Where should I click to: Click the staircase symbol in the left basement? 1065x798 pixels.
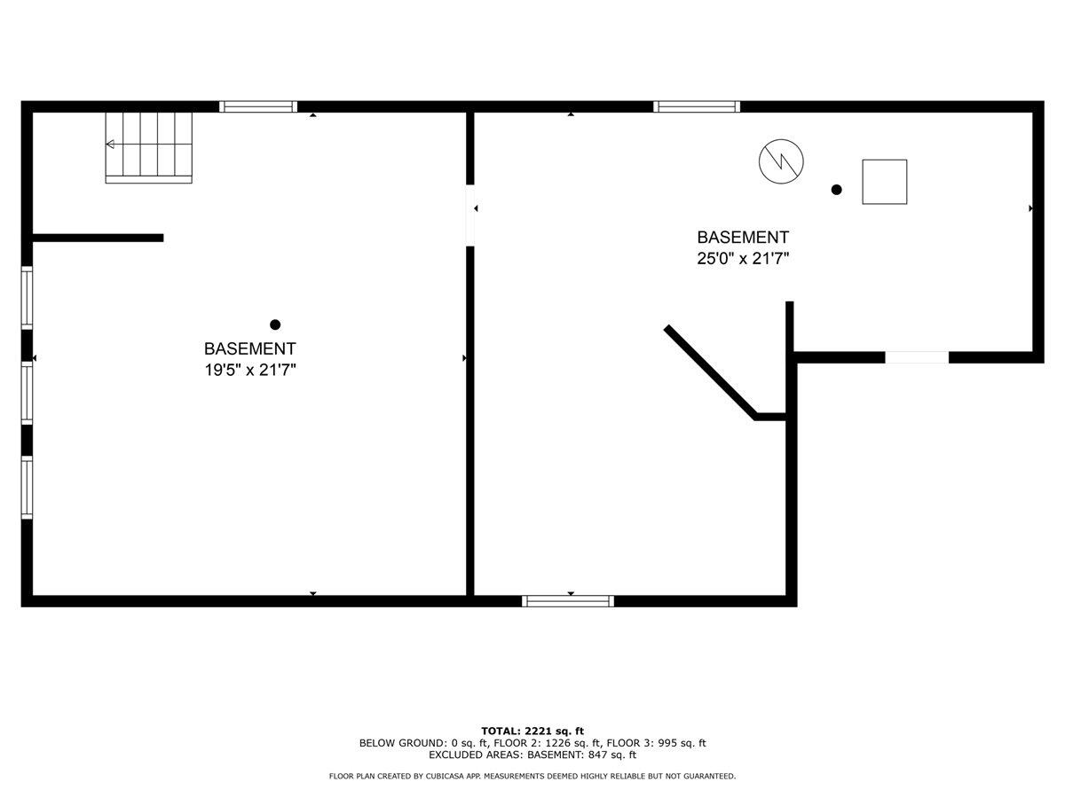[x=149, y=146]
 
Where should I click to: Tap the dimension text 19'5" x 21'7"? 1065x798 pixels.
[x=249, y=371]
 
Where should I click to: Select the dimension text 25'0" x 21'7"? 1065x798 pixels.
[x=743, y=259]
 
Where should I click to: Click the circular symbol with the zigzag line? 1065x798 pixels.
[x=782, y=161]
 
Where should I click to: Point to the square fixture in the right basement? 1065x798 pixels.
[x=884, y=182]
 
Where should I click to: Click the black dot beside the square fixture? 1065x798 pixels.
[x=836, y=190]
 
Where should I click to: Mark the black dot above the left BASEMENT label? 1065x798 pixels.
[x=275, y=325]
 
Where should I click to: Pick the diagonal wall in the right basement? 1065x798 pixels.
[x=710, y=372]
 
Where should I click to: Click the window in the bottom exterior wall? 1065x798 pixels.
[x=568, y=601]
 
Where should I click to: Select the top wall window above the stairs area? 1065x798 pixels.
[x=258, y=106]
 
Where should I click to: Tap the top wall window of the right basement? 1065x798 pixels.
[x=697, y=106]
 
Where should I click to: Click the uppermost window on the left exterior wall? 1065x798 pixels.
[x=28, y=298]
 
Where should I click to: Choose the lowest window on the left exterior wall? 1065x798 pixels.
[x=28, y=487]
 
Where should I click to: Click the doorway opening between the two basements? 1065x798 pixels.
[x=470, y=215]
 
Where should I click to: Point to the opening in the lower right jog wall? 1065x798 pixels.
[x=917, y=357]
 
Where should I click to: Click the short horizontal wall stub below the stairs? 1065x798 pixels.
[x=98, y=238]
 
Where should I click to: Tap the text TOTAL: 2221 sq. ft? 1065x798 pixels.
[x=532, y=731]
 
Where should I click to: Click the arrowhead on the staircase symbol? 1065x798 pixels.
[x=110, y=145]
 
